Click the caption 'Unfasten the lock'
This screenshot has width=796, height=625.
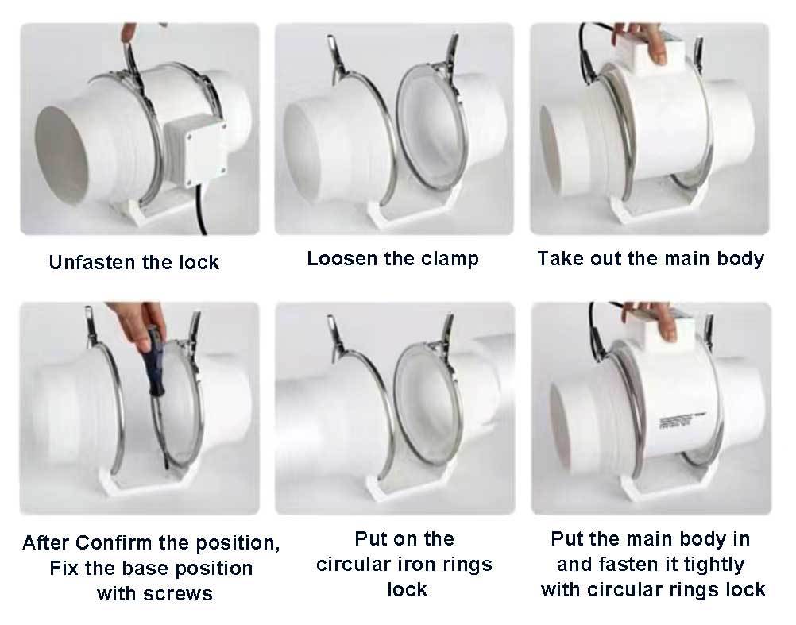click(x=133, y=263)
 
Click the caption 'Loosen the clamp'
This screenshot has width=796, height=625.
click(x=392, y=259)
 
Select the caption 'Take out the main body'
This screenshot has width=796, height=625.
click(x=650, y=259)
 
